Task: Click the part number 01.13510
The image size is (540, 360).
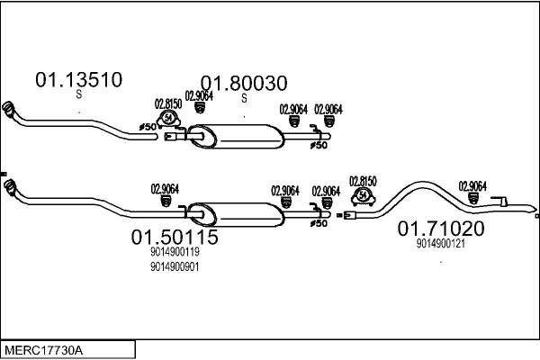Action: pyautogui.click(x=79, y=79)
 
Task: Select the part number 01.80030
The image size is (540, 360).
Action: pyautogui.click(x=244, y=84)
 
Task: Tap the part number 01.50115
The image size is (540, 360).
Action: pyautogui.click(x=175, y=237)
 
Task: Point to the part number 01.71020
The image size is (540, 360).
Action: pyautogui.click(x=441, y=229)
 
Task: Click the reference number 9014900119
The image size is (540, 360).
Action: pyautogui.click(x=175, y=252)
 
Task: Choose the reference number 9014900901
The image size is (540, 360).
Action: pyautogui.click(x=175, y=266)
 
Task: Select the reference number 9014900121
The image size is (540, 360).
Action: pyautogui.click(x=441, y=244)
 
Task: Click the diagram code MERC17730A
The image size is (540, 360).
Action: pyautogui.click(x=44, y=351)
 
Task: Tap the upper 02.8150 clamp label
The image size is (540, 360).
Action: pyautogui.click(x=168, y=103)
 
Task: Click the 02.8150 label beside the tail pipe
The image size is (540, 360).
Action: pyautogui.click(x=363, y=182)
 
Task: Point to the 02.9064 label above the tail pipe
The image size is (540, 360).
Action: pyautogui.click(x=472, y=186)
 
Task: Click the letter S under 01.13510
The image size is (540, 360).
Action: pyautogui.click(x=79, y=94)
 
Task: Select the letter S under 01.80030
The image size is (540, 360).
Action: pyautogui.click(x=244, y=98)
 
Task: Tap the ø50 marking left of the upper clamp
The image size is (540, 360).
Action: pyautogui.click(x=148, y=127)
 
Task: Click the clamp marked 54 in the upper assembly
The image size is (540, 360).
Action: pyautogui.click(x=168, y=119)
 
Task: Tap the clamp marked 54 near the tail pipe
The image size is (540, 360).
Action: pyautogui.click(x=363, y=196)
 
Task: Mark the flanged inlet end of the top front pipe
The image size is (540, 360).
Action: pyautogui.click(x=8, y=109)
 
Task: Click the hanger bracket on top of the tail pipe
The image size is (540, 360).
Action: pyautogui.click(x=499, y=202)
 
